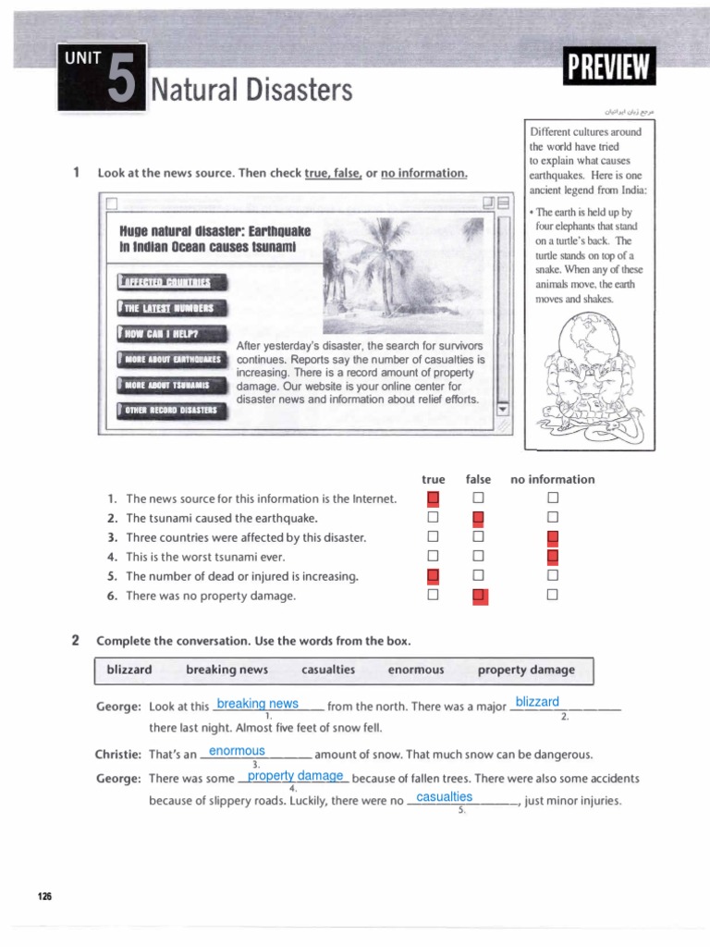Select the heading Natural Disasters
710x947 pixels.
pos(252,91)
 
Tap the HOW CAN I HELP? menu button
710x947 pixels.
pos(172,334)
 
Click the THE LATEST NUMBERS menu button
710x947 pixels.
pos(172,308)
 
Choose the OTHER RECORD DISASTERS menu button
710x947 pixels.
pos(172,411)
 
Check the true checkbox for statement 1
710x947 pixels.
pos(433,499)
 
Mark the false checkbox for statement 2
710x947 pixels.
pos(479,519)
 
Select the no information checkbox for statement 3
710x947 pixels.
pos(553,538)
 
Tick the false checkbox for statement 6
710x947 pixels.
pos(479,596)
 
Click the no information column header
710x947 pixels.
pos(552,479)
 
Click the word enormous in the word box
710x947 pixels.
pos(416,670)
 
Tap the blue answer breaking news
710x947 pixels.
pos(257,704)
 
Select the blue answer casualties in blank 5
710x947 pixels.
pos(445,796)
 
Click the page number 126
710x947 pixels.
pos(45,897)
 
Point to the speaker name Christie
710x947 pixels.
pos(117,755)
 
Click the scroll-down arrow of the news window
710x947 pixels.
pos(503,408)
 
